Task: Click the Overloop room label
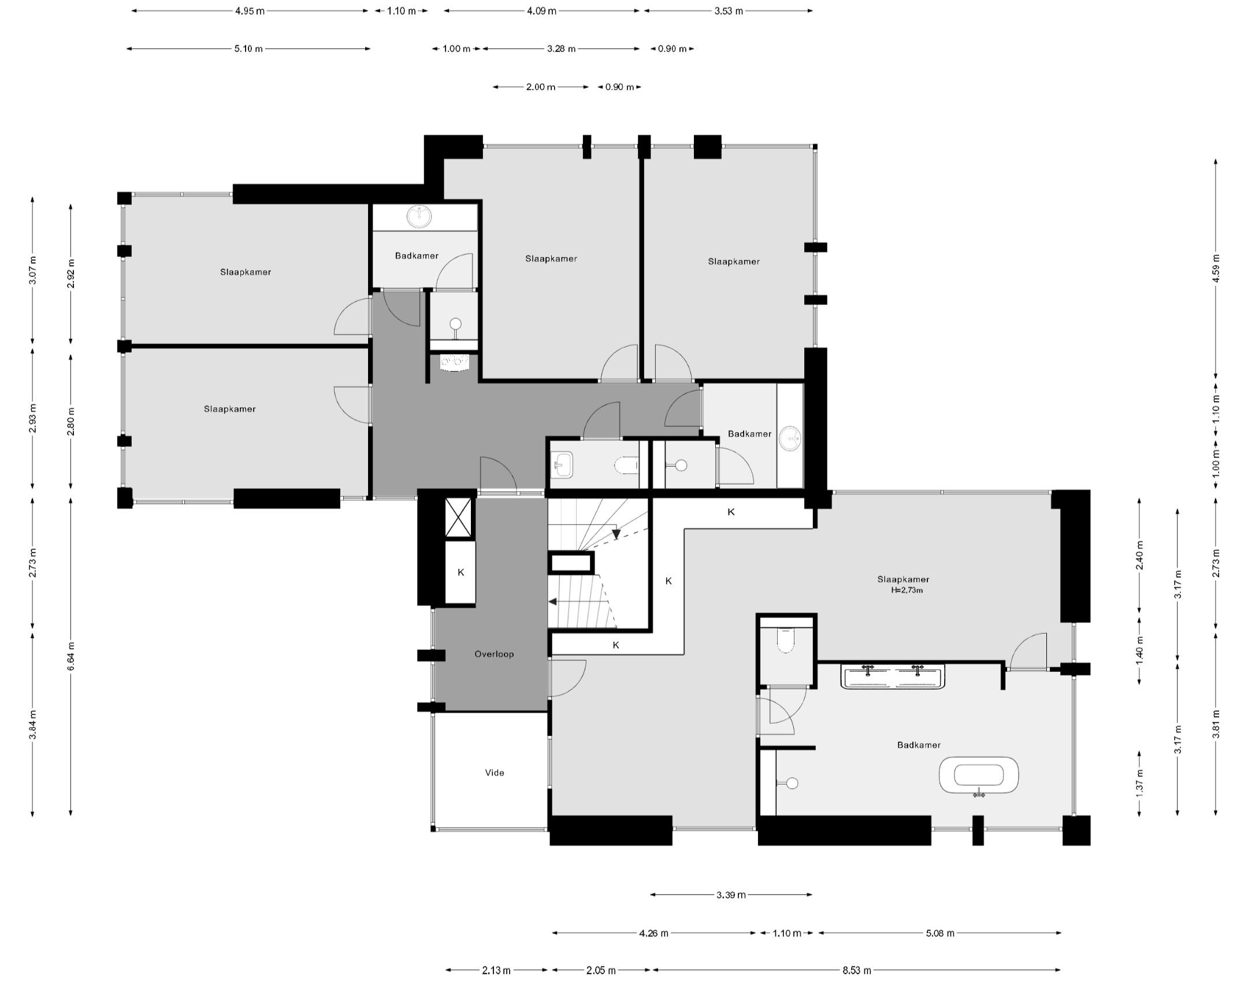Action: click(x=494, y=654)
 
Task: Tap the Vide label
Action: click(x=495, y=772)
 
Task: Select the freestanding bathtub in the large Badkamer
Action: click(x=979, y=775)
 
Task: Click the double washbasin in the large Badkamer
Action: click(x=893, y=677)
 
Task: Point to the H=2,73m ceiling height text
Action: click(x=907, y=590)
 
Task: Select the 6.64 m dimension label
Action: click(x=70, y=656)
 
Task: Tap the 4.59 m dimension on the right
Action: click(x=1216, y=268)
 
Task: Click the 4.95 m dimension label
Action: click(x=250, y=11)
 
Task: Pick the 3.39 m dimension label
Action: click(x=731, y=895)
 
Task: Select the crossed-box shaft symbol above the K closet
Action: click(x=459, y=517)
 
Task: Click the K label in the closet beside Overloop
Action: click(x=460, y=572)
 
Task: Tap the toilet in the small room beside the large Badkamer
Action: click(x=786, y=640)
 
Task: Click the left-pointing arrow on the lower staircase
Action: click(x=552, y=602)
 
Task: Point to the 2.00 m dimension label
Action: click(x=540, y=87)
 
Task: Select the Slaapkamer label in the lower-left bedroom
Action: click(x=229, y=409)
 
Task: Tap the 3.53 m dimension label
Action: click(x=728, y=11)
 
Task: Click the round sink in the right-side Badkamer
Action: click(x=789, y=439)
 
